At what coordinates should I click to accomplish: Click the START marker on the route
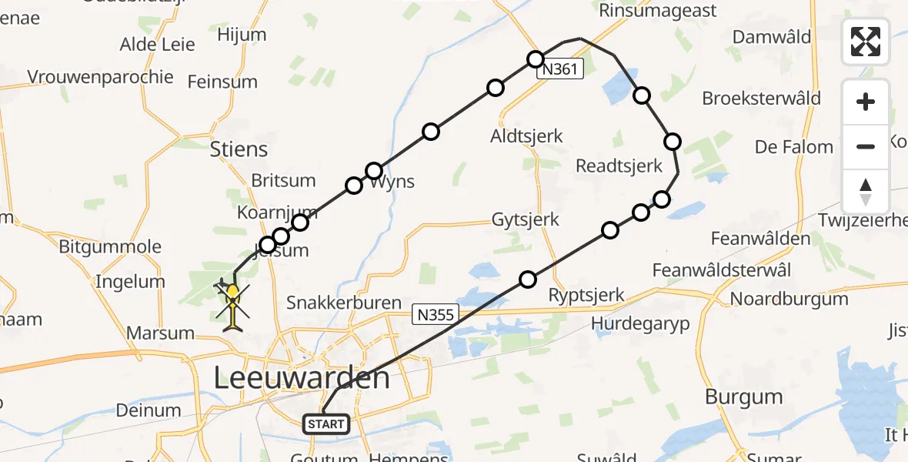point(326,423)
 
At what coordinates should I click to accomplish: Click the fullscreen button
point(866,41)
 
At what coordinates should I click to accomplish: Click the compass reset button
point(866,192)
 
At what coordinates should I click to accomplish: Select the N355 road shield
point(436,314)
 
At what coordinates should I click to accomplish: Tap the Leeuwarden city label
point(301,378)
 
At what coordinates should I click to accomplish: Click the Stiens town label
point(239,149)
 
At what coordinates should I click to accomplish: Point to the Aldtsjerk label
point(526,136)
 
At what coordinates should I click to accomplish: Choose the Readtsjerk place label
point(619,166)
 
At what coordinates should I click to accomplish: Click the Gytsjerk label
point(526,220)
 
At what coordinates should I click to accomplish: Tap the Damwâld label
point(772,37)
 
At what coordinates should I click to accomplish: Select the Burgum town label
point(743,397)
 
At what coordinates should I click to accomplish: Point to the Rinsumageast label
point(658,11)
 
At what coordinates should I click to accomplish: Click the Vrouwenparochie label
point(100,77)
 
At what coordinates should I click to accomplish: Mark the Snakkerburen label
point(344,303)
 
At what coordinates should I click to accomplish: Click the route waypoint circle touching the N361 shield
point(536,59)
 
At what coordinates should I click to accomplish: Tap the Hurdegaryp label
point(640,323)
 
